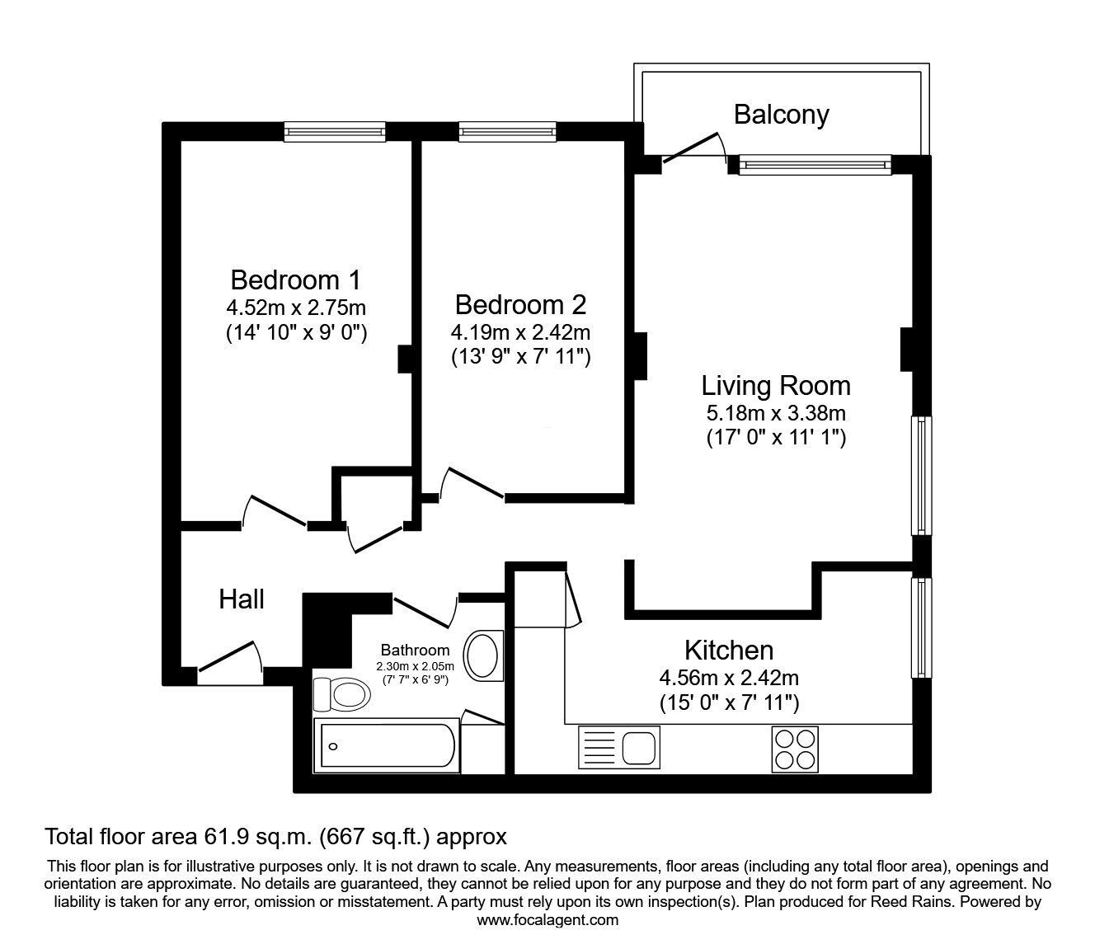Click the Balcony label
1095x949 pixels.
click(782, 115)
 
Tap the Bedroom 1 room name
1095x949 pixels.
click(296, 280)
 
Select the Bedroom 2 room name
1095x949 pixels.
click(521, 305)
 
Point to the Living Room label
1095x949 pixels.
click(776, 386)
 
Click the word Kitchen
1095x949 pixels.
click(729, 651)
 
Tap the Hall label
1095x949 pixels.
click(242, 599)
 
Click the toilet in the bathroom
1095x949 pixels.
click(341, 694)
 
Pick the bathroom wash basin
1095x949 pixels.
click(483, 655)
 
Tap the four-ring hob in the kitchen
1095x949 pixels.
click(795, 749)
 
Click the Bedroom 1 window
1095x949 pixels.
click(335, 132)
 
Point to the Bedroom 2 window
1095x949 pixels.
click(507, 132)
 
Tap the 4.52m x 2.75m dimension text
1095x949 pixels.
click(296, 308)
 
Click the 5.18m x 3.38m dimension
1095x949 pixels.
click(776, 413)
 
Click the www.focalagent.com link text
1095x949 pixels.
click(547, 920)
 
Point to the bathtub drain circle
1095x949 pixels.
click(333, 747)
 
